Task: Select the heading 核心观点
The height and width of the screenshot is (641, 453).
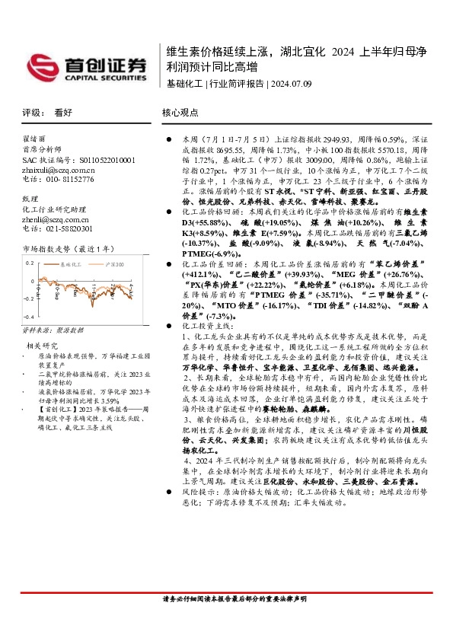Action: coord(180,112)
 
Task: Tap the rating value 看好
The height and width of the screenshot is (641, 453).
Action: coord(63,112)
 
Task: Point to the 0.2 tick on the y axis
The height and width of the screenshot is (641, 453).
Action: coord(30,261)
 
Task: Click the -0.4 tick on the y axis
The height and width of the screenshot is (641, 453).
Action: coord(29,315)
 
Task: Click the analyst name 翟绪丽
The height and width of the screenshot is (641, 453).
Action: coord(33,141)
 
